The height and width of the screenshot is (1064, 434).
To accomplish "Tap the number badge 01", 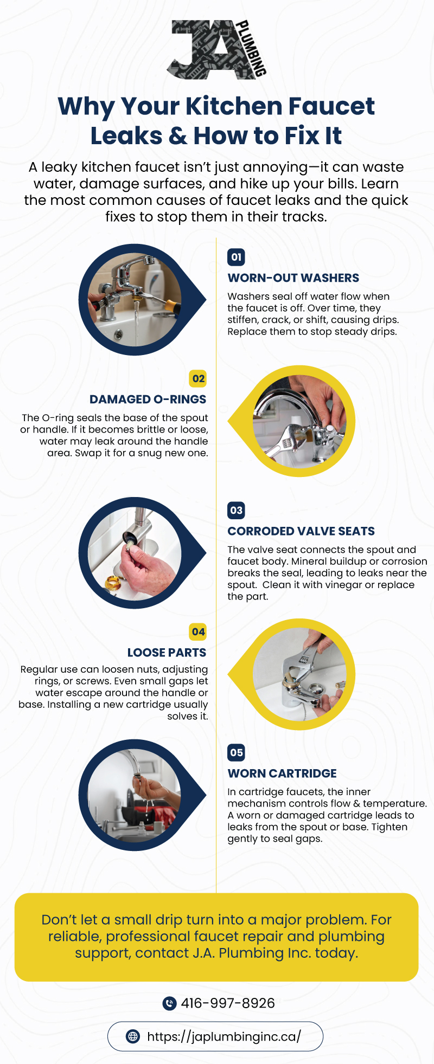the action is click(236, 257).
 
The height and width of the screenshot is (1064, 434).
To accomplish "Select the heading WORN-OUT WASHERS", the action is click(293, 278).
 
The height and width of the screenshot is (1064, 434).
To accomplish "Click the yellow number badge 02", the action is click(199, 378).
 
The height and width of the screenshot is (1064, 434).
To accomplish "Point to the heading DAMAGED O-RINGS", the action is click(148, 399).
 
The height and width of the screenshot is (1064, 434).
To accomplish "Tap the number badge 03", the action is click(236, 510).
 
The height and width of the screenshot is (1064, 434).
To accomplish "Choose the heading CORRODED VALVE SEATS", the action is click(301, 531).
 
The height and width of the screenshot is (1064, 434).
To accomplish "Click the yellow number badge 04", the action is click(199, 631).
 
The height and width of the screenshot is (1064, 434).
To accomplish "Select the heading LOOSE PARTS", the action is click(167, 653).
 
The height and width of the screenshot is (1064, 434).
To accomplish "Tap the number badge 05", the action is click(236, 752).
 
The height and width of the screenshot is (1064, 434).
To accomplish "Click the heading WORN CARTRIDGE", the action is click(282, 773).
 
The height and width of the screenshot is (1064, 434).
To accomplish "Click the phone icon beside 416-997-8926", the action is click(170, 1003).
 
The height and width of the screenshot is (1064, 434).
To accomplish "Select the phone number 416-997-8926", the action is click(228, 1003).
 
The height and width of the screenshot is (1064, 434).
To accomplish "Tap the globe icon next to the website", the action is click(132, 1036).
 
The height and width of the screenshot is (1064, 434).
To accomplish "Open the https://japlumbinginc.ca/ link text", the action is click(224, 1037).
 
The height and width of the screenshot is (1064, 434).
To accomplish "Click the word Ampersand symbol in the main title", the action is click(178, 136).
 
